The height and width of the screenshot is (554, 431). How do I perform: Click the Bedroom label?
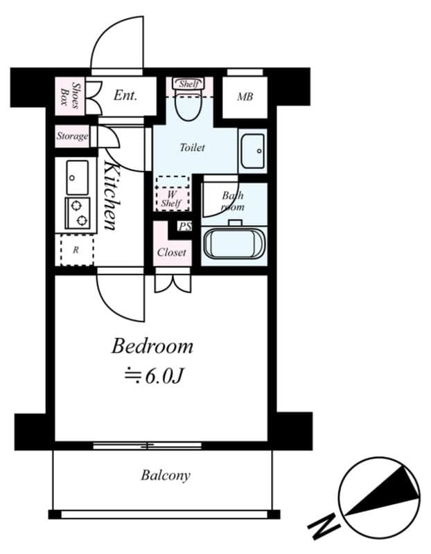[x=152, y=346]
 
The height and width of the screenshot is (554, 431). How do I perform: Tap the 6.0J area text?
[x=153, y=376]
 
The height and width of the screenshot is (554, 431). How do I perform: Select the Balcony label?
[x=166, y=476]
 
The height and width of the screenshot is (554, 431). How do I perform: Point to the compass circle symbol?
[x=380, y=496]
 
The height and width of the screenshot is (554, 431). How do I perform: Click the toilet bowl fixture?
[x=187, y=106]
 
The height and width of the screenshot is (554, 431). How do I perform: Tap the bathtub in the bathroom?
[x=234, y=243]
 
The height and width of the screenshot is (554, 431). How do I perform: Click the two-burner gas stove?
[x=77, y=212]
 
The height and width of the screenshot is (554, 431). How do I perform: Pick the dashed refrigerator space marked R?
[x=76, y=250]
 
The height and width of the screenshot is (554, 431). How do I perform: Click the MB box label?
[x=245, y=97]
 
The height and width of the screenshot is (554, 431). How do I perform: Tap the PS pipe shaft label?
[x=184, y=226]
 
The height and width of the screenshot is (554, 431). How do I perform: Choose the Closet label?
[x=171, y=252]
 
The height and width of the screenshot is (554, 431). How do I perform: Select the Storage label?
[x=72, y=136]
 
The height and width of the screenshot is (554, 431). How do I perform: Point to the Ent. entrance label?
[x=125, y=95]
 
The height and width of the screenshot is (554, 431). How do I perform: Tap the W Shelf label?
[x=170, y=199]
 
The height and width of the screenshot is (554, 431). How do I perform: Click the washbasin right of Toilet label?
[x=252, y=150]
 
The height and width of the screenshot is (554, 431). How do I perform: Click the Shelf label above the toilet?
[x=188, y=84]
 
